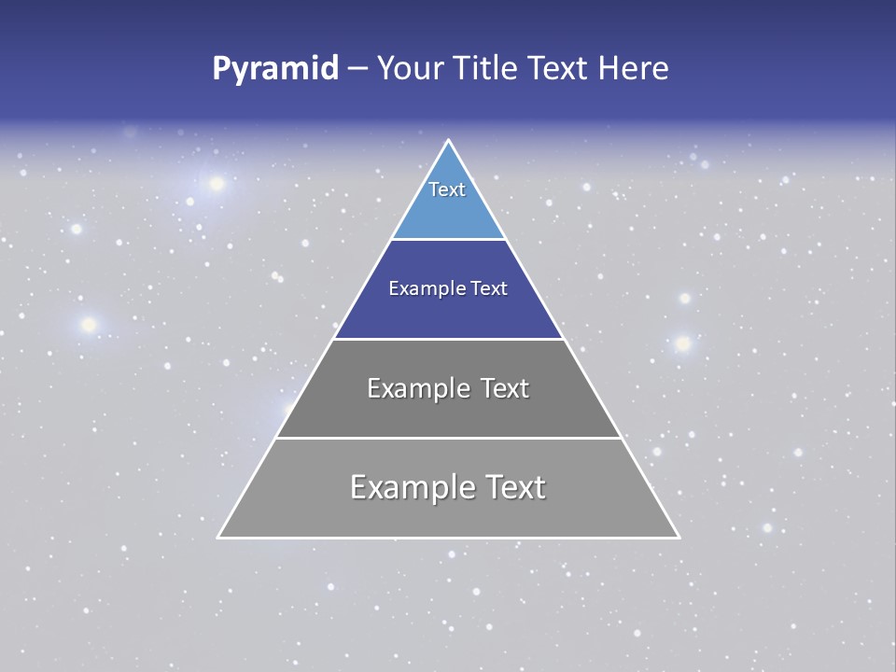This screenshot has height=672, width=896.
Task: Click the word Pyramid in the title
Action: point(275,69)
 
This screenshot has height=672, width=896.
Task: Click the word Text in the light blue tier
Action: point(447,189)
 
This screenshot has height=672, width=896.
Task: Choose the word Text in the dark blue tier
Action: point(489,289)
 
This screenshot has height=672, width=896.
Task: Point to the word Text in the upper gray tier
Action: point(505,388)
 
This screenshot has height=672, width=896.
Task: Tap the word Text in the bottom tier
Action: point(513,487)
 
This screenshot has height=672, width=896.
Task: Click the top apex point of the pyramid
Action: point(448,141)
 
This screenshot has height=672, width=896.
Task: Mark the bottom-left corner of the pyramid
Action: point(219,537)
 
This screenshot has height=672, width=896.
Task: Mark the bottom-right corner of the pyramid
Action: point(678,537)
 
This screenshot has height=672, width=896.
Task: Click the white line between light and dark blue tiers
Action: point(448,240)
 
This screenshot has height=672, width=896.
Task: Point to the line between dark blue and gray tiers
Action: point(448,339)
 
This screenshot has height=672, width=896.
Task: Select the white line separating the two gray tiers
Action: point(448,438)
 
